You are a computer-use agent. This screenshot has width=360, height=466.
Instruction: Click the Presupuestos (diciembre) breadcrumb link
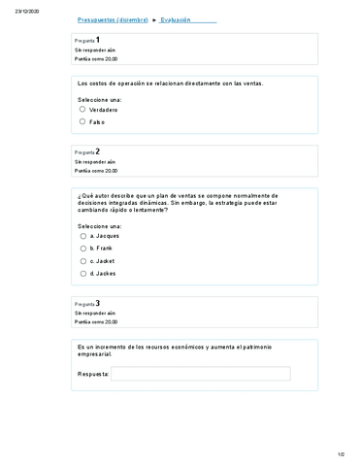point(112,20)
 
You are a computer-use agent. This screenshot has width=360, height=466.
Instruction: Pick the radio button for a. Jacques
point(82,236)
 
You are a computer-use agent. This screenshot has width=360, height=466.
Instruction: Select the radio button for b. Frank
point(82,249)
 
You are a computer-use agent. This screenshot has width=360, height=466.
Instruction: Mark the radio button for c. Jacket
point(82,261)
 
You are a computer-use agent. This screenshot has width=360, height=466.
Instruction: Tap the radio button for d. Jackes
point(82,274)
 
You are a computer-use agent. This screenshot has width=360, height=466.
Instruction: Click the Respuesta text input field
point(200,373)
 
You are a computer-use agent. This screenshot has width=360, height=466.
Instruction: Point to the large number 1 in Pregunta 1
point(97,39)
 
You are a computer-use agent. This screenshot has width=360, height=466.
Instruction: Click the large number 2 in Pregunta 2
point(97,151)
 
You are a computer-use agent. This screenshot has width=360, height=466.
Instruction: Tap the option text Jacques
point(108,236)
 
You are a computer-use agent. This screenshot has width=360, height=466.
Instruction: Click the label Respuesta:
point(92,373)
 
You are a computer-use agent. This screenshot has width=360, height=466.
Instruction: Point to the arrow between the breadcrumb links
point(154,20)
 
